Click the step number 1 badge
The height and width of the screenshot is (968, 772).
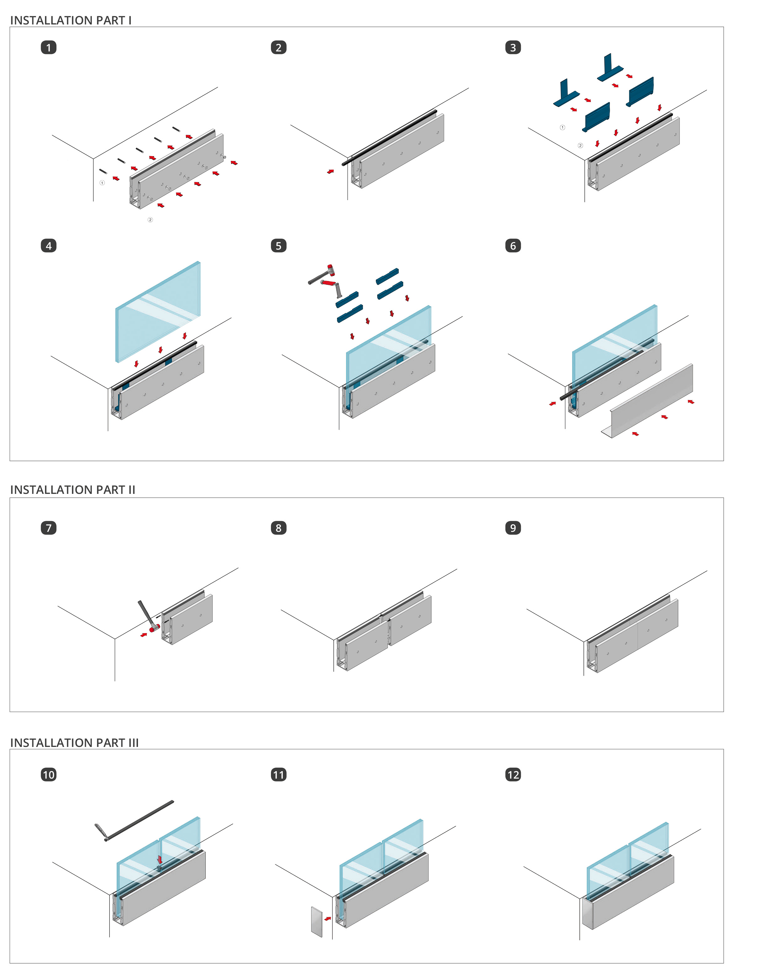point(49,47)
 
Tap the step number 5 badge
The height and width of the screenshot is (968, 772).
point(278,246)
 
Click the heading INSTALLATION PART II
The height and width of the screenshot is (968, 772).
point(73,490)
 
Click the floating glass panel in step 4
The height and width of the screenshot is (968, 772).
point(158,312)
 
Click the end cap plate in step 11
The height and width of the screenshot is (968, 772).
point(317,922)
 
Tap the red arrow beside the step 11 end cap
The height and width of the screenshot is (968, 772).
point(328,919)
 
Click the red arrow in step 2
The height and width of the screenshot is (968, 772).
point(330,171)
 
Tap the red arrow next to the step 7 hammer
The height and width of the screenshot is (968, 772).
point(144,634)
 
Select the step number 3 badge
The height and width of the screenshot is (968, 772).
point(513,47)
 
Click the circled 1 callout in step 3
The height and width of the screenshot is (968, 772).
point(562,128)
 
